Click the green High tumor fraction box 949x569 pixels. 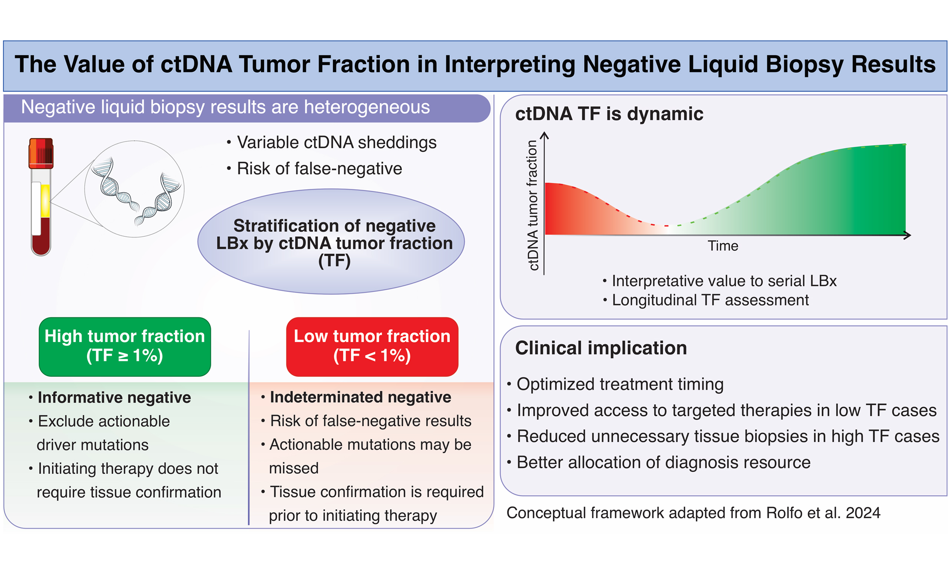125,346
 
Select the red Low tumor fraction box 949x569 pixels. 372,346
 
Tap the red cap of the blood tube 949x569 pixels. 41,153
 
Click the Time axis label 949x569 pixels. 722,246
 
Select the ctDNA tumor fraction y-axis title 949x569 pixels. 532,205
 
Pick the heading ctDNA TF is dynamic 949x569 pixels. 609,114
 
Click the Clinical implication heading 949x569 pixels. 600,348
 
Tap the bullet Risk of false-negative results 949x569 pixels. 370,421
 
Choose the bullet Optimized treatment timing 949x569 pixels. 619,384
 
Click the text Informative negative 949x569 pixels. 114,397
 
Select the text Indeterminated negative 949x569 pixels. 360,397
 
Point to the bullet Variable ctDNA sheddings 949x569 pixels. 336,142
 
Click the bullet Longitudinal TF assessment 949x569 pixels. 710,300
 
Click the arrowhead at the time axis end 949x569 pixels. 907,235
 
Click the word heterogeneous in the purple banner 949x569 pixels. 366,107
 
